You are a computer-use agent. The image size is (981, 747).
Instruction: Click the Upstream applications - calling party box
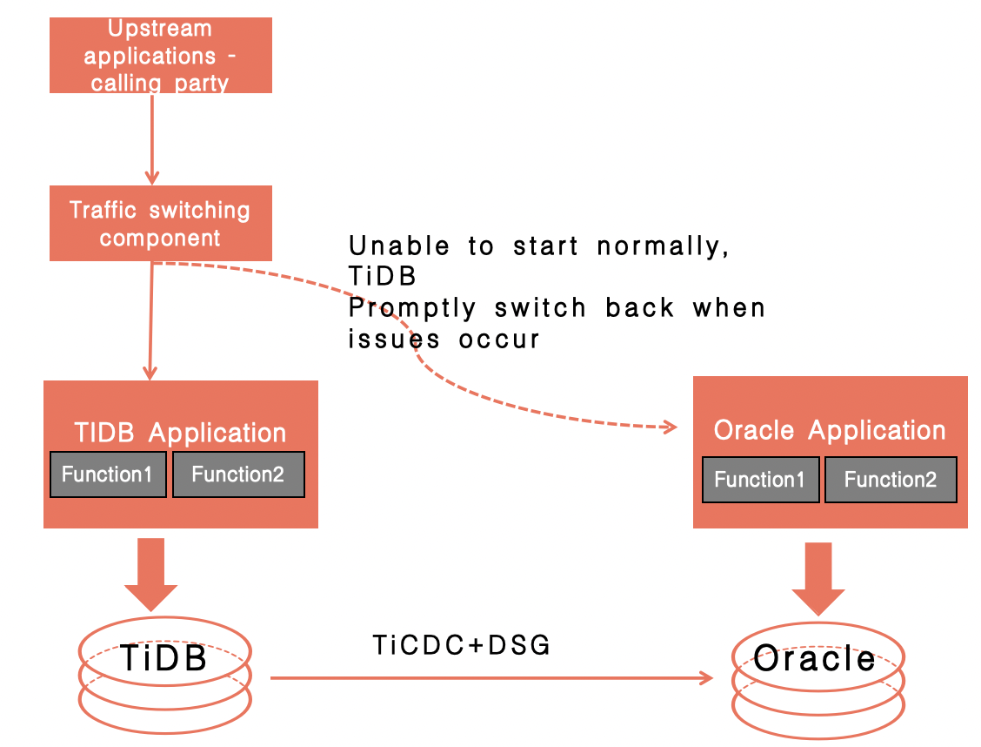point(161,55)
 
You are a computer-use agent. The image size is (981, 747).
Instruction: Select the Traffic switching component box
point(161,223)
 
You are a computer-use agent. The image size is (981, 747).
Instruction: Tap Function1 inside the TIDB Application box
point(108,474)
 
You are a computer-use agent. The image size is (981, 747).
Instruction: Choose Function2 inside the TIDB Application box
point(238,474)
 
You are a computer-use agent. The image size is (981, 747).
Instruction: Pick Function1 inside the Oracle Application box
point(761,480)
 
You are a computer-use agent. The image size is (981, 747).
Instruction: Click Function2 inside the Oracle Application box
point(891,480)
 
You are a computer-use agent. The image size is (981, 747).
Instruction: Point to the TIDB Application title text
point(180,433)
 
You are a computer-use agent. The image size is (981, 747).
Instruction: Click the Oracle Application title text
point(830,430)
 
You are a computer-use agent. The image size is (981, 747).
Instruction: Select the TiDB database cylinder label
point(163,658)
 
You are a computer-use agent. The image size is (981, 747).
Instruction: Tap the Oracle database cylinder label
point(815,659)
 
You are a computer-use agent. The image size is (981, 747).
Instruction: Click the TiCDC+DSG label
point(462,645)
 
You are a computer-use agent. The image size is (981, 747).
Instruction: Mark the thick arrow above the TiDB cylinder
point(150,575)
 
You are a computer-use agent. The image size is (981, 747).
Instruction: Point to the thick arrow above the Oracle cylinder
point(818,579)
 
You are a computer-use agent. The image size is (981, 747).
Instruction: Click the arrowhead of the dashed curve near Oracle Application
point(671,427)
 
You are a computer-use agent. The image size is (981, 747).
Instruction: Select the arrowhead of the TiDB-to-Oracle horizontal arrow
point(706,678)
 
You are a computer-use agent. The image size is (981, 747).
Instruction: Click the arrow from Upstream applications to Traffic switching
point(152,139)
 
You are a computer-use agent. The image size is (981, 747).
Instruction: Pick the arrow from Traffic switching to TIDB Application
point(150,320)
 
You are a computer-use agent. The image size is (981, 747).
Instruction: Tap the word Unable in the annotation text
point(399,246)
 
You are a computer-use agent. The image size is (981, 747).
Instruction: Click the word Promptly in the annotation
point(412,309)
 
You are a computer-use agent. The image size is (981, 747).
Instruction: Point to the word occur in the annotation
point(498,340)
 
